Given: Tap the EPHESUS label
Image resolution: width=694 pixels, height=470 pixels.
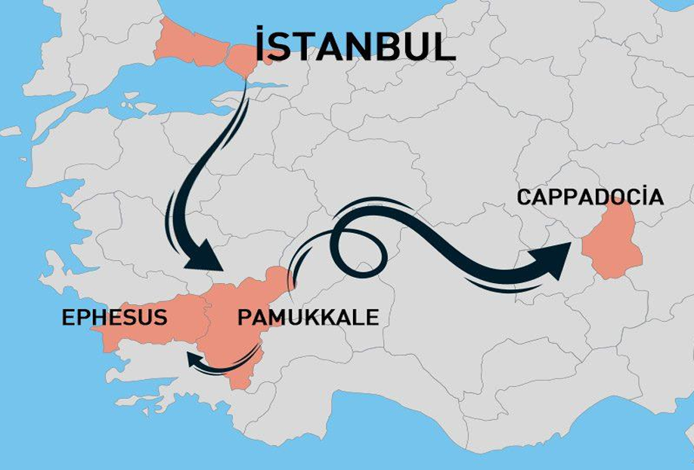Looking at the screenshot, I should point(114,318).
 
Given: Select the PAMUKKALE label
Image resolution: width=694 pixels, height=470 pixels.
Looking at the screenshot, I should point(308,318).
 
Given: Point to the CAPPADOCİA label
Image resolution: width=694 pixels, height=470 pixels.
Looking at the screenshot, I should point(590,198).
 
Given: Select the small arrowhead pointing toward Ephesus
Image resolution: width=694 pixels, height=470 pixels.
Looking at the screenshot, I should point(194,360).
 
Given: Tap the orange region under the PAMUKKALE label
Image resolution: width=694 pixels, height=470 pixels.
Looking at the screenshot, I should point(234,341).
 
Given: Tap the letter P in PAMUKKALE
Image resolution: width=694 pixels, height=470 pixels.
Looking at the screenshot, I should point(244,318).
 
